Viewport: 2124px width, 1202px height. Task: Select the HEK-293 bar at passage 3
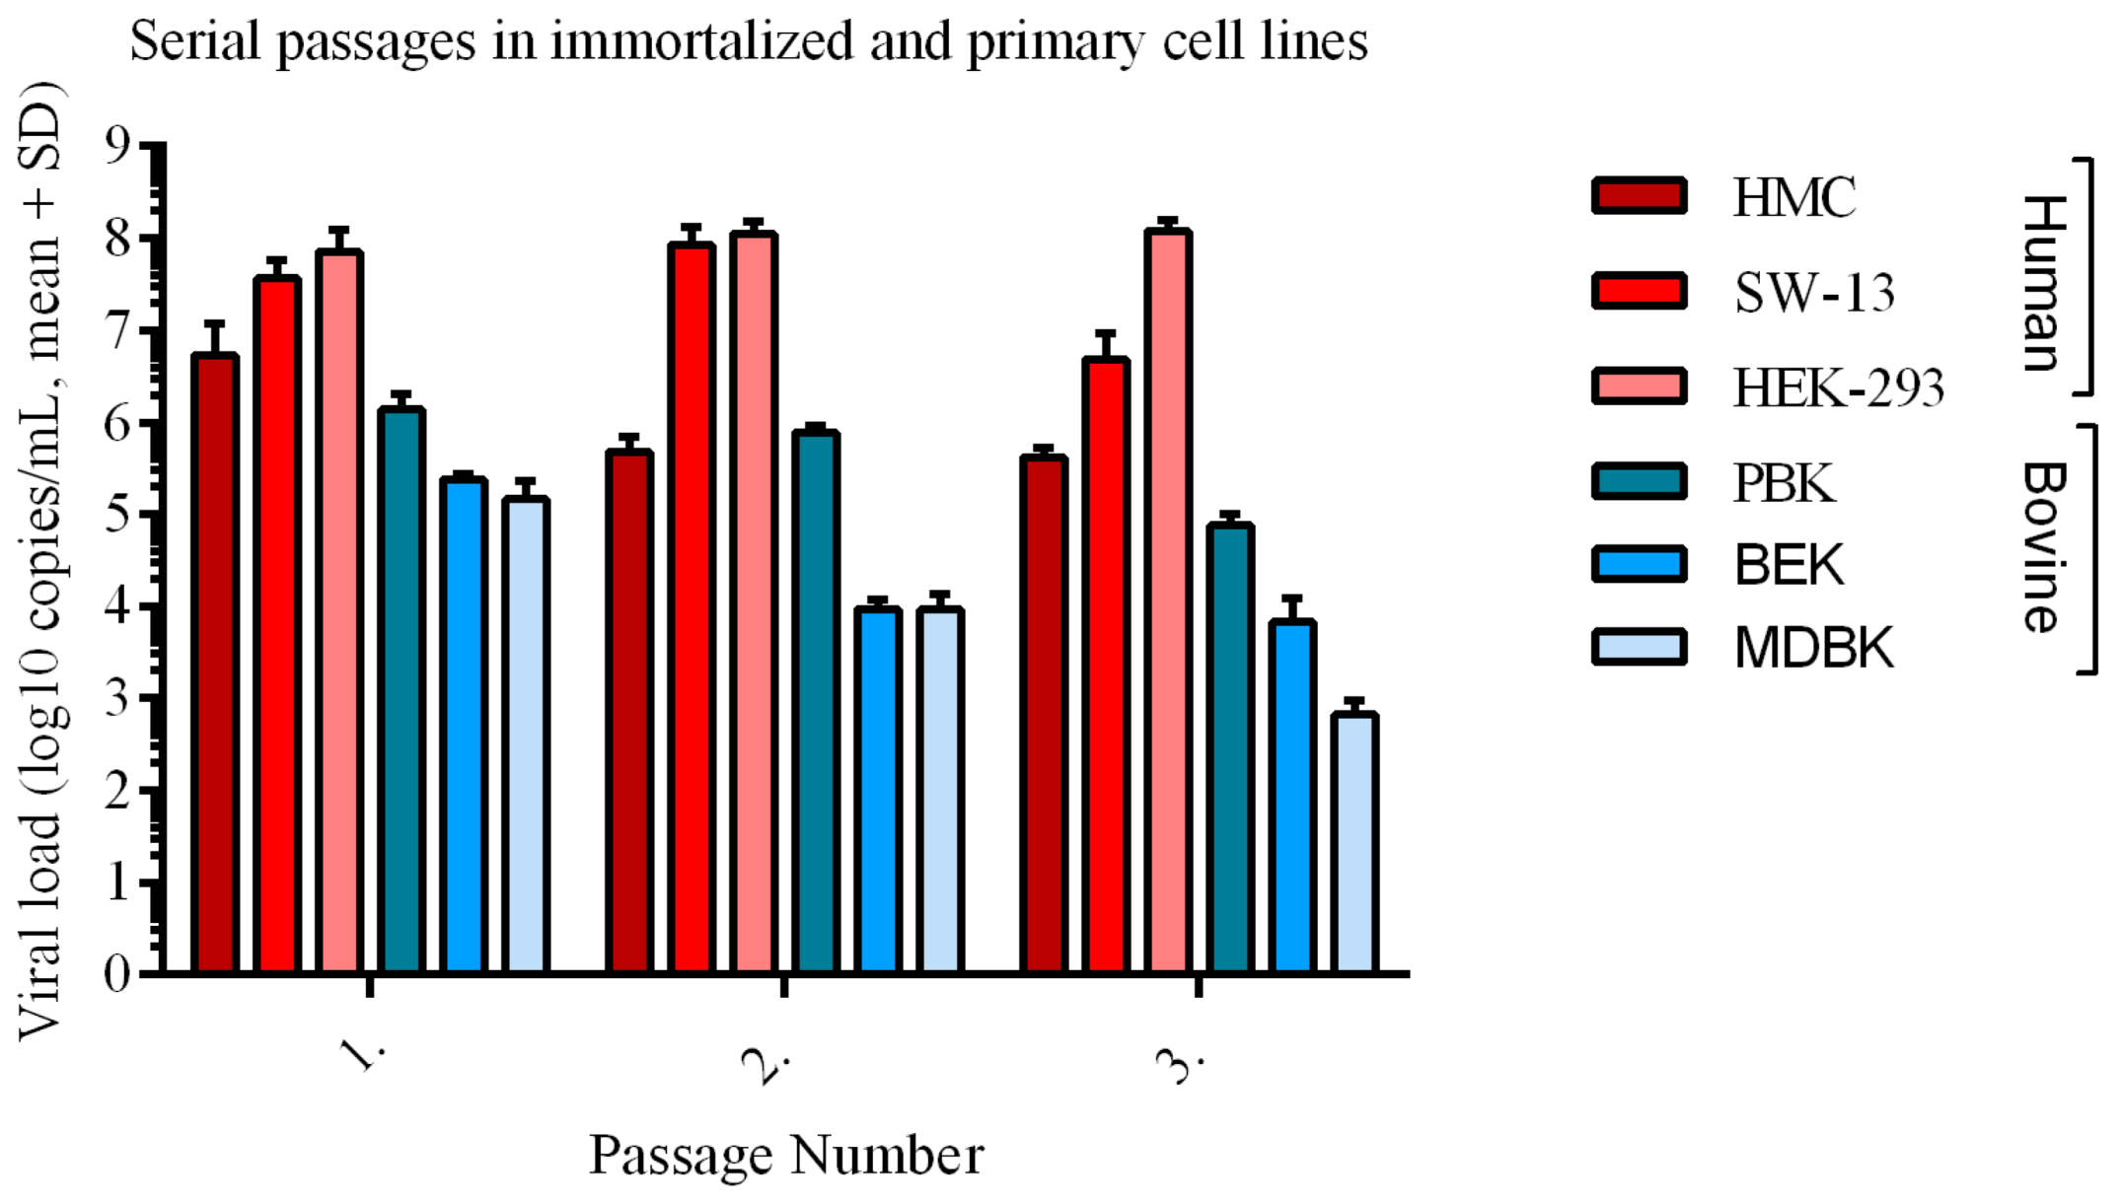[1167, 601]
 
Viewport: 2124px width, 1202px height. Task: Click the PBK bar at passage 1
[401, 690]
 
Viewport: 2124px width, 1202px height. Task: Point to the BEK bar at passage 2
[877, 790]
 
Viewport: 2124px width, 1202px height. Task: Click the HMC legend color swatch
[1639, 195]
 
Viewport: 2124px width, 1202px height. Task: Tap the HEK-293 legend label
[1838, 388]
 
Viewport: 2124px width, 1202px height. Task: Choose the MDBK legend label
[1813, 648]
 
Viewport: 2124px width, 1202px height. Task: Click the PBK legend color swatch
[1639, 481]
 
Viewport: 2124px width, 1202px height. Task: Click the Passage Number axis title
[785, 1155]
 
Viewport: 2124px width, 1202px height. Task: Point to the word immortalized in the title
[701, 41]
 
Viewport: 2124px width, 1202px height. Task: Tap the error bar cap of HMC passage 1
[214, 323]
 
